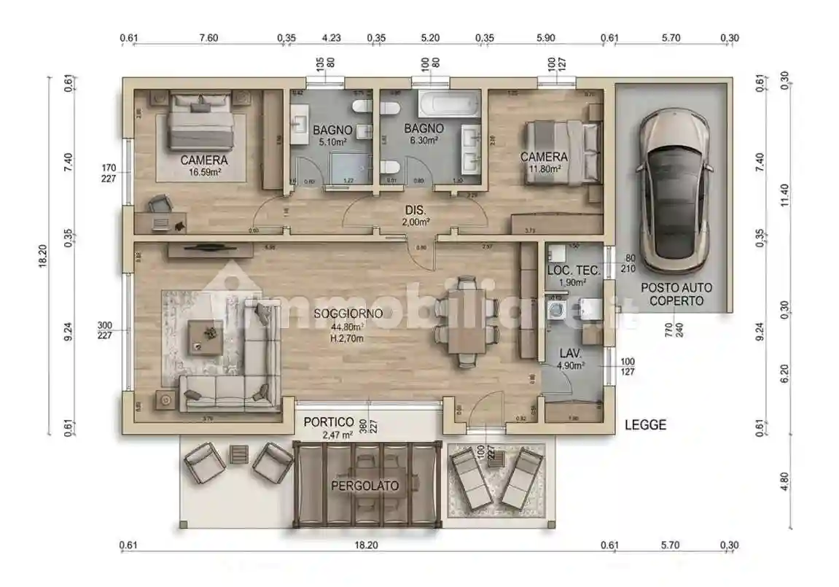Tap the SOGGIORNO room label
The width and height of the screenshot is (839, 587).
pos(348,314)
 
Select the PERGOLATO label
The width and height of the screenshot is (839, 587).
pos(364,486)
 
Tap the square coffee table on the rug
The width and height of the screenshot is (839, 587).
pos(205,336)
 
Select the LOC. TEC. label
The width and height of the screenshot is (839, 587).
pos(574,271)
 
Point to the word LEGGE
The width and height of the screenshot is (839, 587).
pos(645,425)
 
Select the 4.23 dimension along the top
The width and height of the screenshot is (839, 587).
pos(331,38)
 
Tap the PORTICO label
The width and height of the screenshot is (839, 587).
pos(329,422)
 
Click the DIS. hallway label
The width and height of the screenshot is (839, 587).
pos(415,211)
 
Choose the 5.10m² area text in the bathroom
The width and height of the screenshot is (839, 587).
pos(332,141)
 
